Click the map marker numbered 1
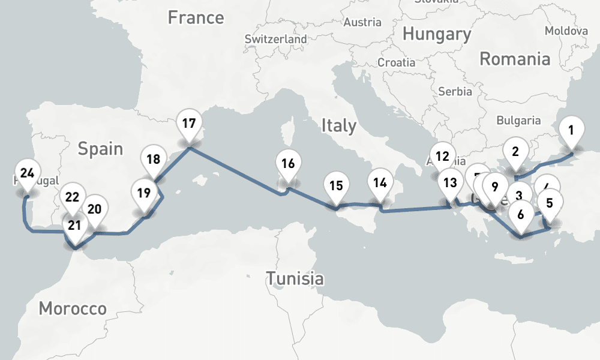click(571, 130)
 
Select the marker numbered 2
click(515, 152)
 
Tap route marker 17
click(189, 125)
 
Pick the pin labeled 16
click(288, 164)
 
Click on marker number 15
click(337, 186)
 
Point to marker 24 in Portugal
click(26, 174)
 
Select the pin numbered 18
click(154, 160)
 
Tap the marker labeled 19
click(143, 193)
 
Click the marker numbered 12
click(442, 157)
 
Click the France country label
click(196, 17)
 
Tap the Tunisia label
click(295, 278)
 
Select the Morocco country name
click(73, 309)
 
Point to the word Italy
click(339, 126)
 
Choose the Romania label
click(515, 59)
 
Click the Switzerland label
click(275, 39)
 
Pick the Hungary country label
click(437, 34)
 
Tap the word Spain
click(100, 149)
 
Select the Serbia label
click(451, 92)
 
